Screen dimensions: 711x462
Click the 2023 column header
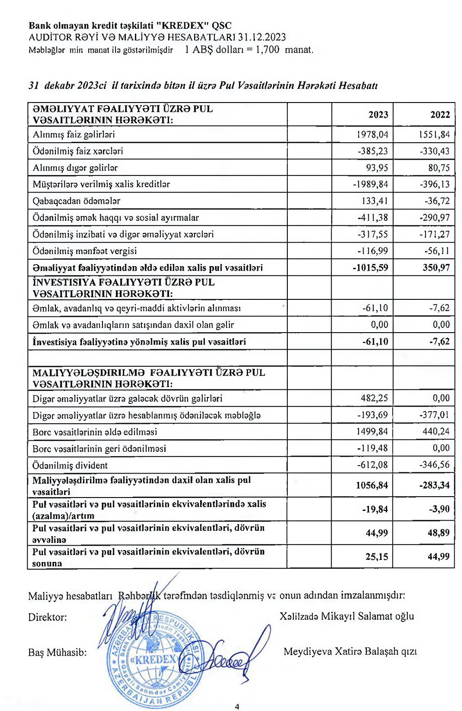pyautogui.click(x=378, y=115)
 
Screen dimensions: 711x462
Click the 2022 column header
pyautogui.click(x=440, y=115)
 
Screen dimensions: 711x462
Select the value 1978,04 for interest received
pyautogui.click(x=372, y=134)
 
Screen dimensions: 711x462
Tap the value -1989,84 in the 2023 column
pyautogui.click(x=371, y=184)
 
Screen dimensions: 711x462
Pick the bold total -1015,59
pyautogui.click(x=371, y=267)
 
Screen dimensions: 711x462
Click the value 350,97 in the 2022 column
pyautogui.click(x=436, y=267)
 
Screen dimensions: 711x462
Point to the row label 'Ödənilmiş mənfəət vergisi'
pyautogui.click(x=85, y=251)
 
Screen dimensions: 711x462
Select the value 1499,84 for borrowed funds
pyautogui.click(x=372, y=431)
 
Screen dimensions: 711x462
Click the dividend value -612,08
pyautogui.click(x=372, y=465)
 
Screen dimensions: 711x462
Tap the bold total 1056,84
pyautogui.click(x=372, y=485)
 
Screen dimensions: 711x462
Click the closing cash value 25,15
pyautogui.click(x=377, y=557)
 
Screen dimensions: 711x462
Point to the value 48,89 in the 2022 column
pyautogui.click(x=438, y=533)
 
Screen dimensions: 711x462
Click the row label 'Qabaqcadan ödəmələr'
pyautogui.click(x=76, y=201)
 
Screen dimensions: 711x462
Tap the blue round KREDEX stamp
pyautogui.click(x=154, y=660)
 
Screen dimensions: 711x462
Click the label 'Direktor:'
pyautogui.click(x=47, y=617)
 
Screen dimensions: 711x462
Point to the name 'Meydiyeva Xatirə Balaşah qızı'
pyautogui.click(x=350, y=652)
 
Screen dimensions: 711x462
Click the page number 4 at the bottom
pyautogui.click(x=237, y=706)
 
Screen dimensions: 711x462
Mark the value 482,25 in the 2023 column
pyautogui.click(x=374, y=398)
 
